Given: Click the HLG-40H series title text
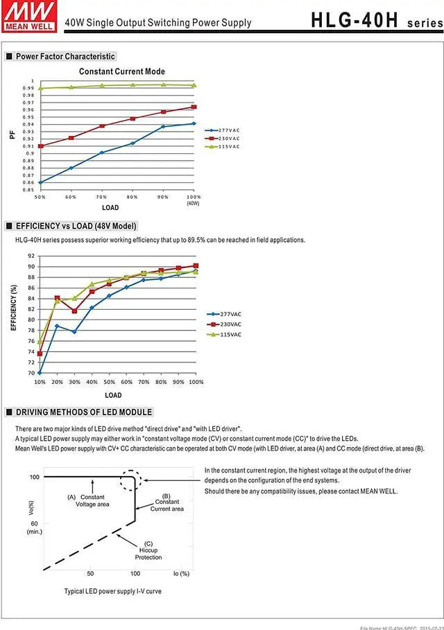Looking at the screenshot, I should click(x=375, y=20).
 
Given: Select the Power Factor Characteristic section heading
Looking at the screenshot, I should click(x=65, y=56).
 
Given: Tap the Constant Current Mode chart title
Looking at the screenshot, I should click(x=122, y=71).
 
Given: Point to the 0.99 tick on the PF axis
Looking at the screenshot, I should click(x=28, y=88).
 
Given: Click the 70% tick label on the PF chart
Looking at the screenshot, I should click(x=101, y=198).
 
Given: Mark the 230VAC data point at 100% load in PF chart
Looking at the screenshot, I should click(x=194, y=107).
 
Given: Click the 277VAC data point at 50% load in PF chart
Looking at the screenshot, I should click(x=40, y=182).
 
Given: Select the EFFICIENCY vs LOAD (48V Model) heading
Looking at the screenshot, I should click(x=76, y=226).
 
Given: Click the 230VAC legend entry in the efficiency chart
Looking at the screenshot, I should click(x=226, y=324).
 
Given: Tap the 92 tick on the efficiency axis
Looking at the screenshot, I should click(x=31, y=256).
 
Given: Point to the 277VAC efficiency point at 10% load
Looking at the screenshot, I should click(x=40, y=373).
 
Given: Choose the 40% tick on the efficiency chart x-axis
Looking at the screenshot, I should click(x=92, y=383).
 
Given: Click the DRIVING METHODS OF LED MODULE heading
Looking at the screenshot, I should click(x=83, y=412).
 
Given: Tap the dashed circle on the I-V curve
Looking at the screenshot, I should click(x=130, y=481).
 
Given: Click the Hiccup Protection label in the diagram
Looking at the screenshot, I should click(x=148, y=553).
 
